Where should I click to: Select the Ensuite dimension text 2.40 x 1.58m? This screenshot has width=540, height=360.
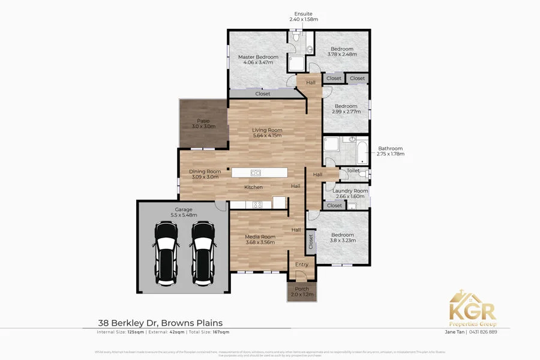[x=303, y=20]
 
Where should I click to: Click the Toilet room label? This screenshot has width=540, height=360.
[x=353, y=171]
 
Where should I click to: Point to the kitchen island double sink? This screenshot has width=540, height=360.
[x=255, y=173]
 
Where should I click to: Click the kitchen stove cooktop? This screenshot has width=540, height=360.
[x=257, y=205]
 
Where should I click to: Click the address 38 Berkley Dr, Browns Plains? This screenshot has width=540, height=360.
[x=160, y=323]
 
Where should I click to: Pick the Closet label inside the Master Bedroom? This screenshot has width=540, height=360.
[x=262, y=94]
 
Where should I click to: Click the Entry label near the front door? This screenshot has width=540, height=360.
[x=302, y=265]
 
